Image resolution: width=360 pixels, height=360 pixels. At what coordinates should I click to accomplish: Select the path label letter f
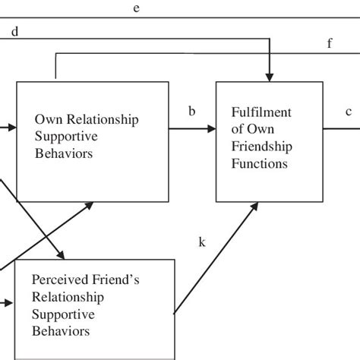point(330,43)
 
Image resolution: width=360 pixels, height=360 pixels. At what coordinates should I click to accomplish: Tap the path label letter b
point(192,112)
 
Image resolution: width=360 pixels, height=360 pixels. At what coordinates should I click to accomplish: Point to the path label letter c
point(349,112)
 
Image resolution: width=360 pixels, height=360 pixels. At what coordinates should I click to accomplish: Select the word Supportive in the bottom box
point(63,314)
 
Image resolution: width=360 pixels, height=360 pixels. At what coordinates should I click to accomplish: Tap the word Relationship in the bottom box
point(68,298)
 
